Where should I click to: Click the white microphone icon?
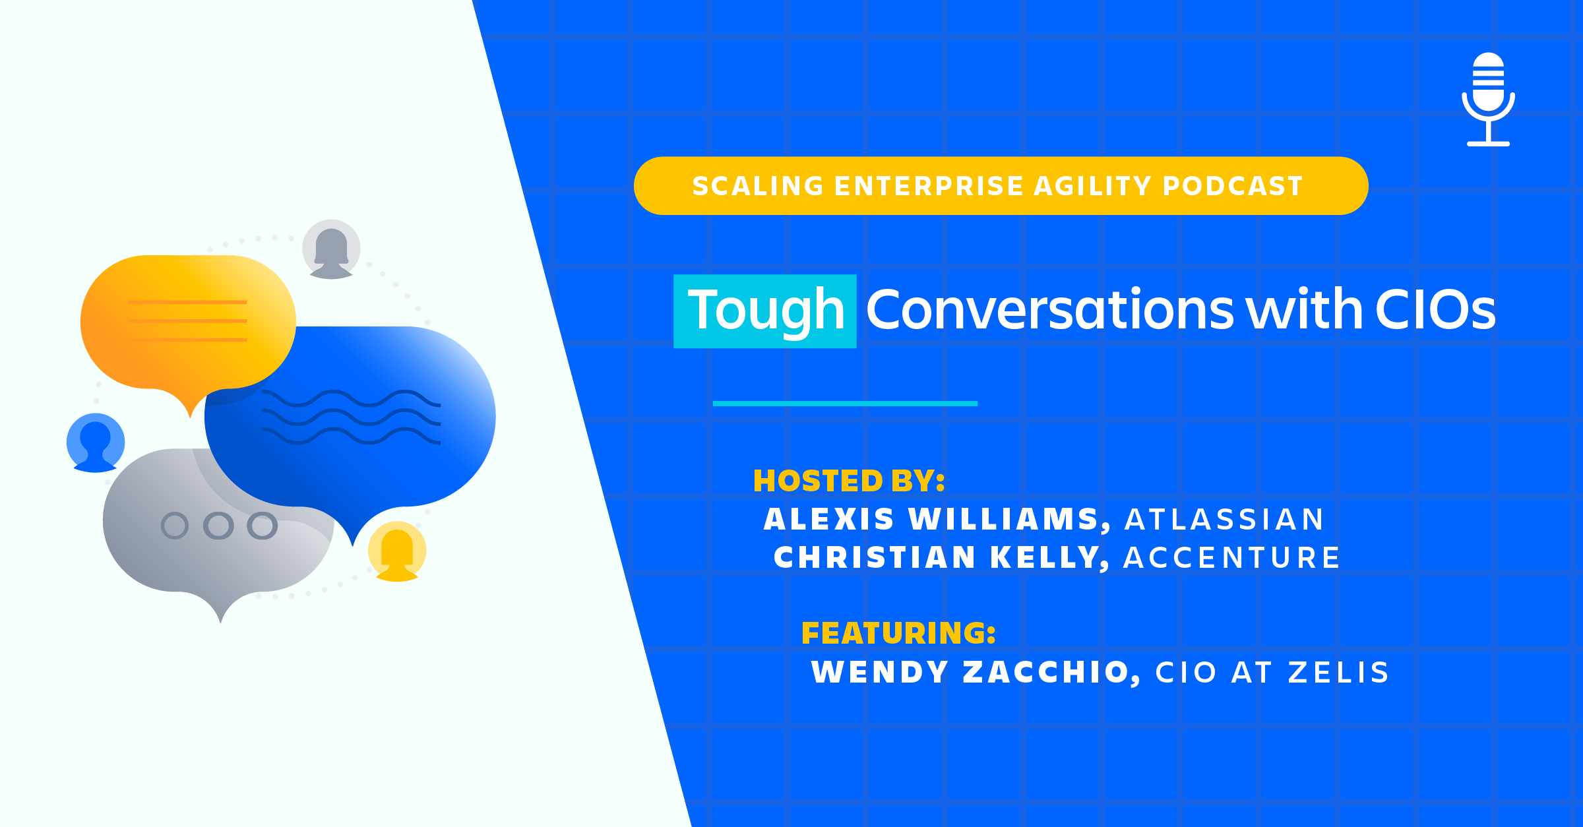(1488, 99)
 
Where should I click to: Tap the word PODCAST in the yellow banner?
(1233, 186)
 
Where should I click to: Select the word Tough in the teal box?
(766, 311)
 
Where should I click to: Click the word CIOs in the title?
(1435, 309)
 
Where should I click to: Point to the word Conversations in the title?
(1049, 309)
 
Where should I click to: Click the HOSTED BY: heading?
(849, 481)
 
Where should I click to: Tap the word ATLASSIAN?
(1224, 519)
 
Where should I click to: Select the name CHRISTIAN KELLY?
(941, 557)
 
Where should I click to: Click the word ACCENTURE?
(1231, 557)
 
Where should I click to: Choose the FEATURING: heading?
(898, 633)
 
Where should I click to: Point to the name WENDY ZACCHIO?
(976, 673)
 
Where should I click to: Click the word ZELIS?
(1339, 673)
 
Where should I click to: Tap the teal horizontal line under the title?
(845, 404)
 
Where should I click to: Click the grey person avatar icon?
(331, 249)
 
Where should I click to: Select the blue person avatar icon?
(96, 443)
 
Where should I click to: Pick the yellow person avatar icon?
(397, 551)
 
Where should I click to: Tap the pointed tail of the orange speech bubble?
(190, 416)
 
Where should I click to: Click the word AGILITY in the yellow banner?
(1092, 186)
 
